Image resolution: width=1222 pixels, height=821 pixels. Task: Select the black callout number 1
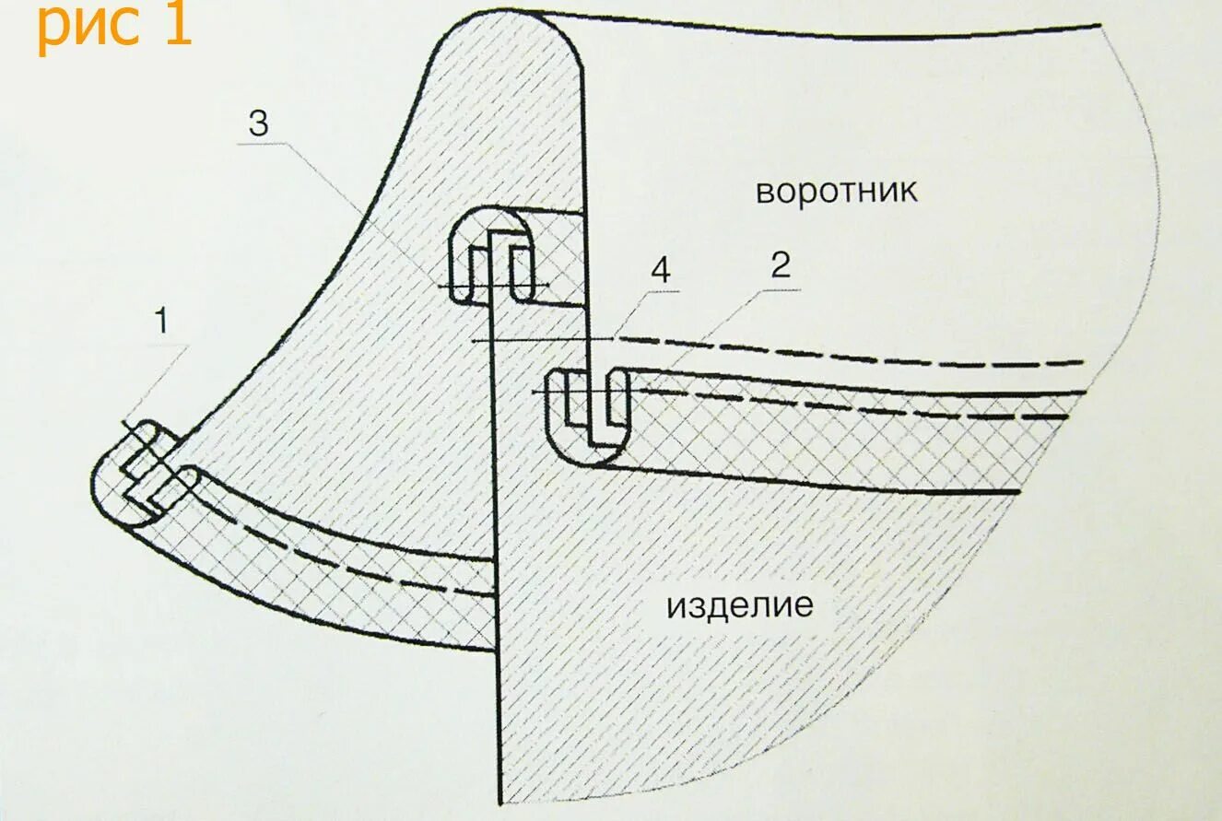[161, 323]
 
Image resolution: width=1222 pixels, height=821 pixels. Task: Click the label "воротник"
[836, 192]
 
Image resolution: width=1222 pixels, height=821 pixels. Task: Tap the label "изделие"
[740, 606]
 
